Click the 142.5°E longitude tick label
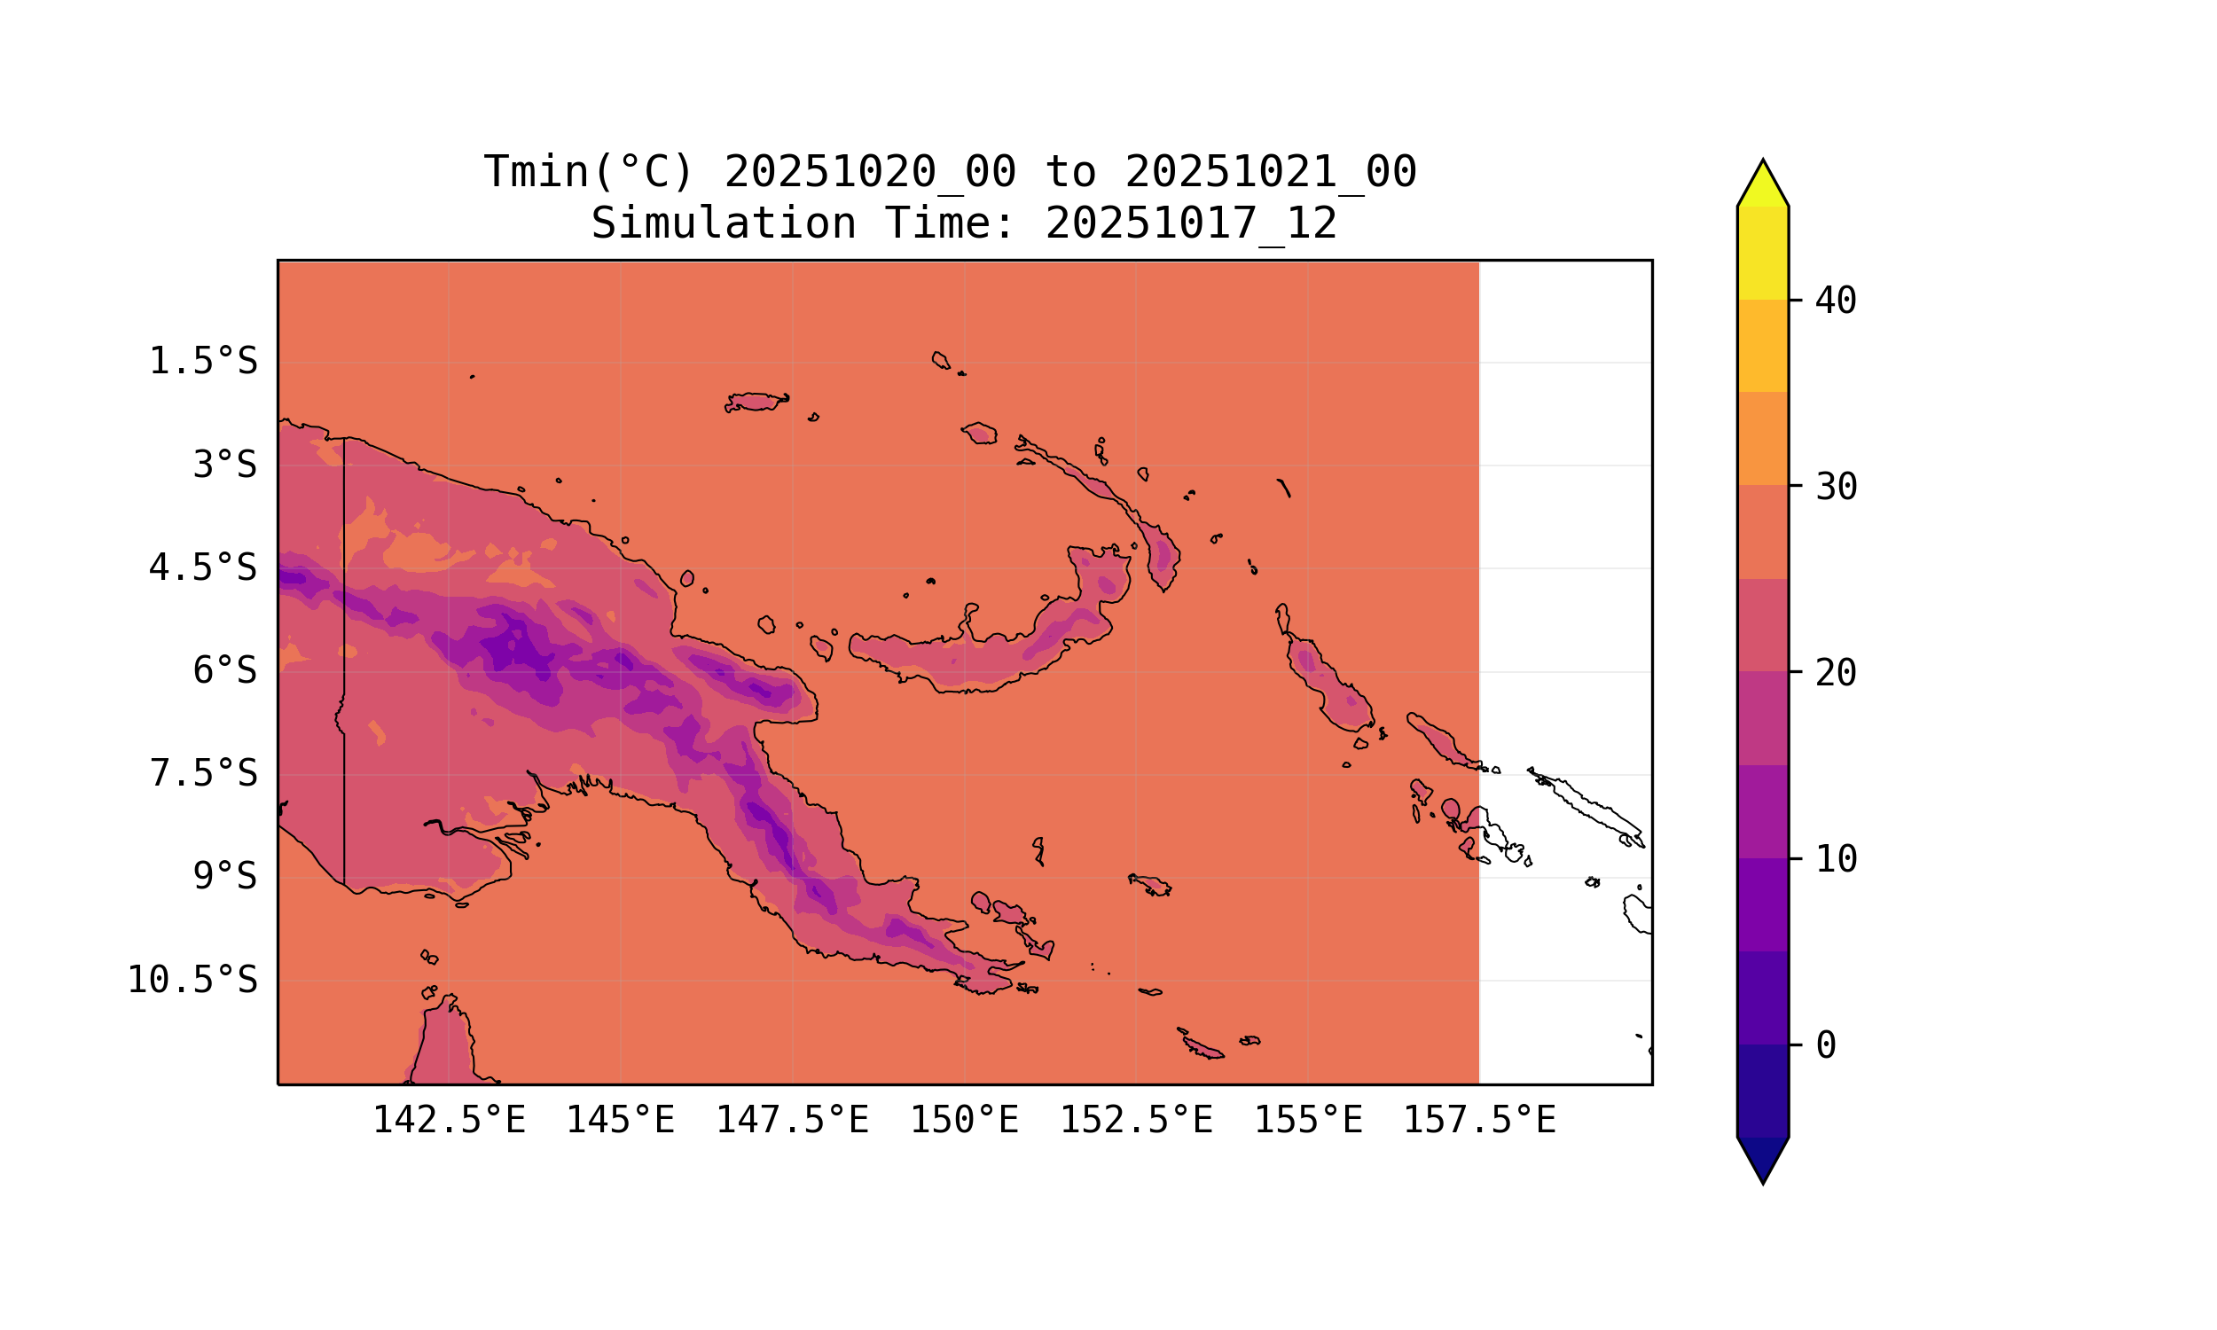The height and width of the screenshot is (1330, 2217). click(x=449, y=1120)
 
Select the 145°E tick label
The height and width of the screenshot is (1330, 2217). click(x=620, y=1120)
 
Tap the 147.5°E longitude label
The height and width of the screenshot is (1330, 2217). click(x=792, y=1120)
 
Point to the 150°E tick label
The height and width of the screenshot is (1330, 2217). click(x=964, y=1120)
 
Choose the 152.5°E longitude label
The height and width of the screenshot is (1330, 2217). click(x=1136, y=1120)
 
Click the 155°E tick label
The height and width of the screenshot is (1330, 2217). click(x=1307, y=1120)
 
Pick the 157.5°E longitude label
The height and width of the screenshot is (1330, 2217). click(x=1479, y=1120)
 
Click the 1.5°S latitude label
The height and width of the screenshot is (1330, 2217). click(x=203, y=361)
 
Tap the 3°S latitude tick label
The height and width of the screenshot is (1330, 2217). click(x=225, y=465)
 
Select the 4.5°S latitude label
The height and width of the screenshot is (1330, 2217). click(x=203, y=567)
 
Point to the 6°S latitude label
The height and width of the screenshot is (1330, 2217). click(x=225, y=670)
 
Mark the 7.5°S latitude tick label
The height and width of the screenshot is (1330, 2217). click(x=203, y=773)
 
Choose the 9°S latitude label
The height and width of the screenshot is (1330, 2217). click(x=225, y=877)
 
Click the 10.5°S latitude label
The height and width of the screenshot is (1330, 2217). click(x=192, y=980)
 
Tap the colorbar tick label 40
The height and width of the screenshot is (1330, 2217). click(x=1837, y=301)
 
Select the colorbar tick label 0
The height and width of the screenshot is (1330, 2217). click(x=1825, y=1045)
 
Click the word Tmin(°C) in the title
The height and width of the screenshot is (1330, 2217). click(x=589, y=172)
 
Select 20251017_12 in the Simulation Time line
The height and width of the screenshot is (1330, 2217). click(x=1191, y=223)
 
